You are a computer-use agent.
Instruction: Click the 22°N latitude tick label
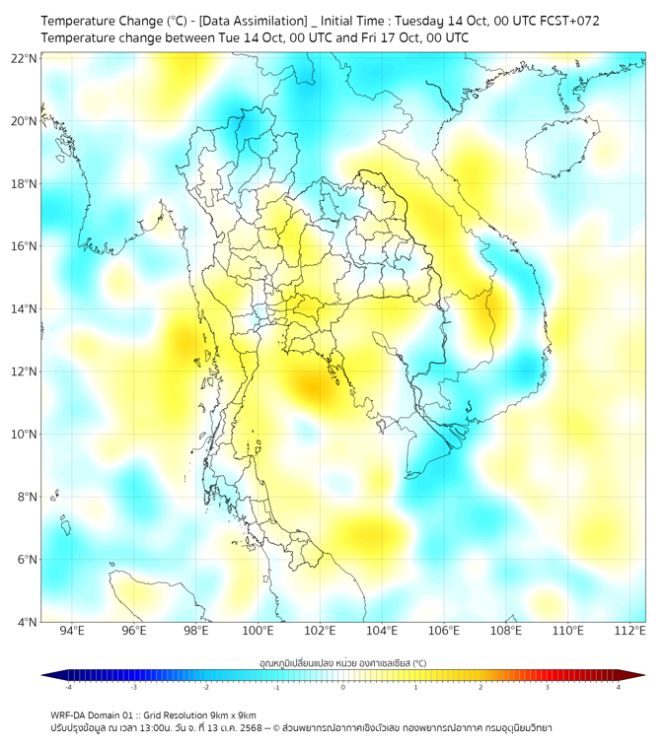click(x=25, y=59)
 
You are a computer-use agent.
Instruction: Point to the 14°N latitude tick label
click(x=25, y=309)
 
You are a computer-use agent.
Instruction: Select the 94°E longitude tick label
click(x=72, y=631)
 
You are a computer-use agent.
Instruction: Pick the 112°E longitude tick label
click(x=630, y=631)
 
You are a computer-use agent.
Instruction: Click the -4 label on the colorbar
click(x=68, y=687)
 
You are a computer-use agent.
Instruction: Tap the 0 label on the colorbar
click(x=343, y=687)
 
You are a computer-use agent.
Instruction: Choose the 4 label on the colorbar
click(x=619, y=687)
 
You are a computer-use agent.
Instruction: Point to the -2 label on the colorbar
click(x=205, y=687)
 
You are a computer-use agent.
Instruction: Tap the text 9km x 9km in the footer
click(x=230, y=714)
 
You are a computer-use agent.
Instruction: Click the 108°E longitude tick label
click(x=505, y=631)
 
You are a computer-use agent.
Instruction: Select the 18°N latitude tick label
click(x=25, y=184)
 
